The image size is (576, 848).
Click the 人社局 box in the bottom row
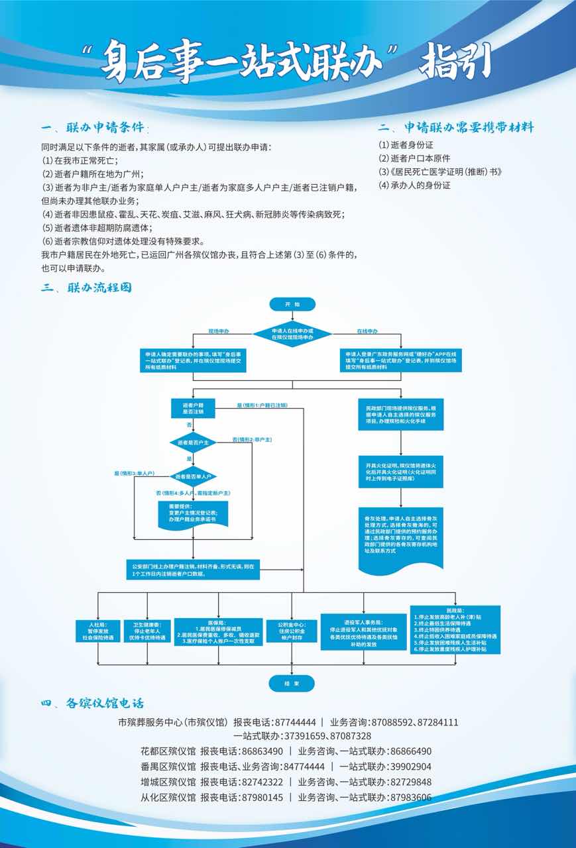tap(98, 631)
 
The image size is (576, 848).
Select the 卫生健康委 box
tap(144, 631)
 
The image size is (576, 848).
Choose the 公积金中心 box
tap(286, 631)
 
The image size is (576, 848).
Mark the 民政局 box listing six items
tap(455, 630)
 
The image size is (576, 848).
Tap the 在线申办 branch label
tap(367, 330)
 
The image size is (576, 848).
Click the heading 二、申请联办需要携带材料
tap(456, 127)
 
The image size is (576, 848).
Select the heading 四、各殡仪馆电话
tap(92, 703)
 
